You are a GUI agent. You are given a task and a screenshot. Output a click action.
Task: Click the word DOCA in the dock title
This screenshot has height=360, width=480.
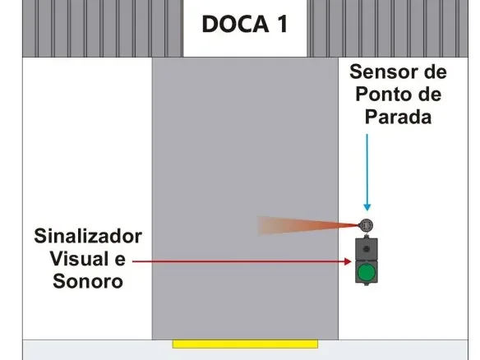pyautogui.click(x=235, y=24)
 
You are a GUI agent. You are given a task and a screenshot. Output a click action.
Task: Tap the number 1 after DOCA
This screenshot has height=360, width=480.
pyautogui.click(x=283, y=24)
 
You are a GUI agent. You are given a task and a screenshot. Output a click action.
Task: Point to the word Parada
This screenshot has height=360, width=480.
pyautogui.click(x=399, y=117)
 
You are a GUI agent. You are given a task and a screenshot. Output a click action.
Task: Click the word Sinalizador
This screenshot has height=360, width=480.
pyautogui.click(x=88, y=236)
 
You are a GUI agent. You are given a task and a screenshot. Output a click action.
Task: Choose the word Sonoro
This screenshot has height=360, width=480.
pyautogui.click(x=88, y=281)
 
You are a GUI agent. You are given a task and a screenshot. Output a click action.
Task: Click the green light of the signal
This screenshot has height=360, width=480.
pyautogui.click(x=367, y=271)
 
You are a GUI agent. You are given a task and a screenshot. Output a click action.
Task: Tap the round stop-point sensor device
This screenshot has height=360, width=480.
pyautogui.click(x=366, y=226)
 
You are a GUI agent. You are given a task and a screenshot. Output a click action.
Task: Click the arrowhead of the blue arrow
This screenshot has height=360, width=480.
pyautogui.click(x=367, y=207)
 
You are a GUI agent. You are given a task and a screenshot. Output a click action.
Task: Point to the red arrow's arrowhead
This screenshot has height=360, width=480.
pyautogui.click(x=348, y=261)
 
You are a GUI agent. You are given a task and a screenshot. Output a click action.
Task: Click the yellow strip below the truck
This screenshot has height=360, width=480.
pyautogui.click(x=245, y=344)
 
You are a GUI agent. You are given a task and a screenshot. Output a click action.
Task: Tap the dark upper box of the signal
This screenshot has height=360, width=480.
pyautogui.click(x=367, y=249)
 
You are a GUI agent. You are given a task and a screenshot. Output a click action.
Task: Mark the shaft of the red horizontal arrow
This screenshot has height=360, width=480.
pyautogui.click(x=238, y=261)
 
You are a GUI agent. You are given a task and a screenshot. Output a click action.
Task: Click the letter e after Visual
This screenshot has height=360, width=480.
pyautogui.click(x=120, y=260)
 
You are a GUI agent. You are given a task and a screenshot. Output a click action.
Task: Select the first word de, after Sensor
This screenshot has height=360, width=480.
pyautogui.click(x=435, y=72)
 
